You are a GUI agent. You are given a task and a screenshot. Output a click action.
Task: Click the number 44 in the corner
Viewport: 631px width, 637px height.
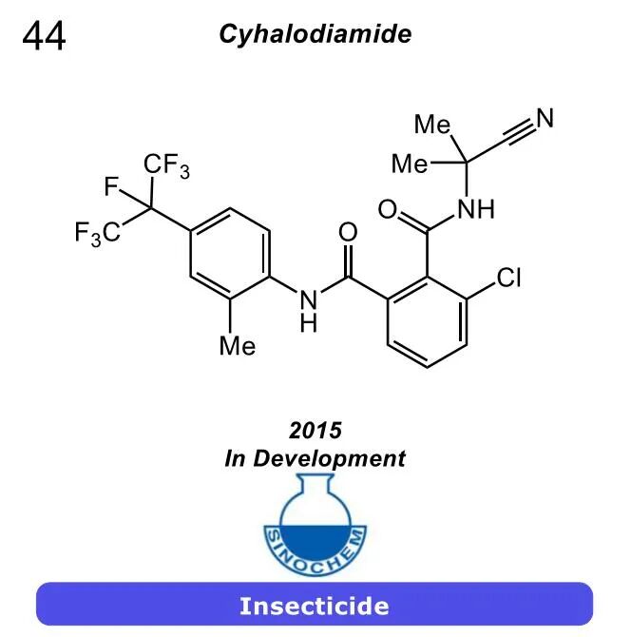point(44,36)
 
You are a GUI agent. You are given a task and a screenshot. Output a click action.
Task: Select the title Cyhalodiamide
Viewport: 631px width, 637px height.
point(315,34)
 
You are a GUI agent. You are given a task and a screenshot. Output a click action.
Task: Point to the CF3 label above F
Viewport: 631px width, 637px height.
point(166,166)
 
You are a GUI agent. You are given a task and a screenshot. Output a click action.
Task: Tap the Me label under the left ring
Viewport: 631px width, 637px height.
point(237,346)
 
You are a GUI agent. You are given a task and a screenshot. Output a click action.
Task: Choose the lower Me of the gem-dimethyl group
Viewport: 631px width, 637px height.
point(410,164)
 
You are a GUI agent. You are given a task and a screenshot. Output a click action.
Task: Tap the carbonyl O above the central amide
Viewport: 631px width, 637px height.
point(348,232)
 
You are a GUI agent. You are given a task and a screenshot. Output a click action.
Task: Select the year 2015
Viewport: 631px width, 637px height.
point(315,430)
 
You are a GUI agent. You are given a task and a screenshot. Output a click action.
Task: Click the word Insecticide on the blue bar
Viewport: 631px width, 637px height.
point(315,605)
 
